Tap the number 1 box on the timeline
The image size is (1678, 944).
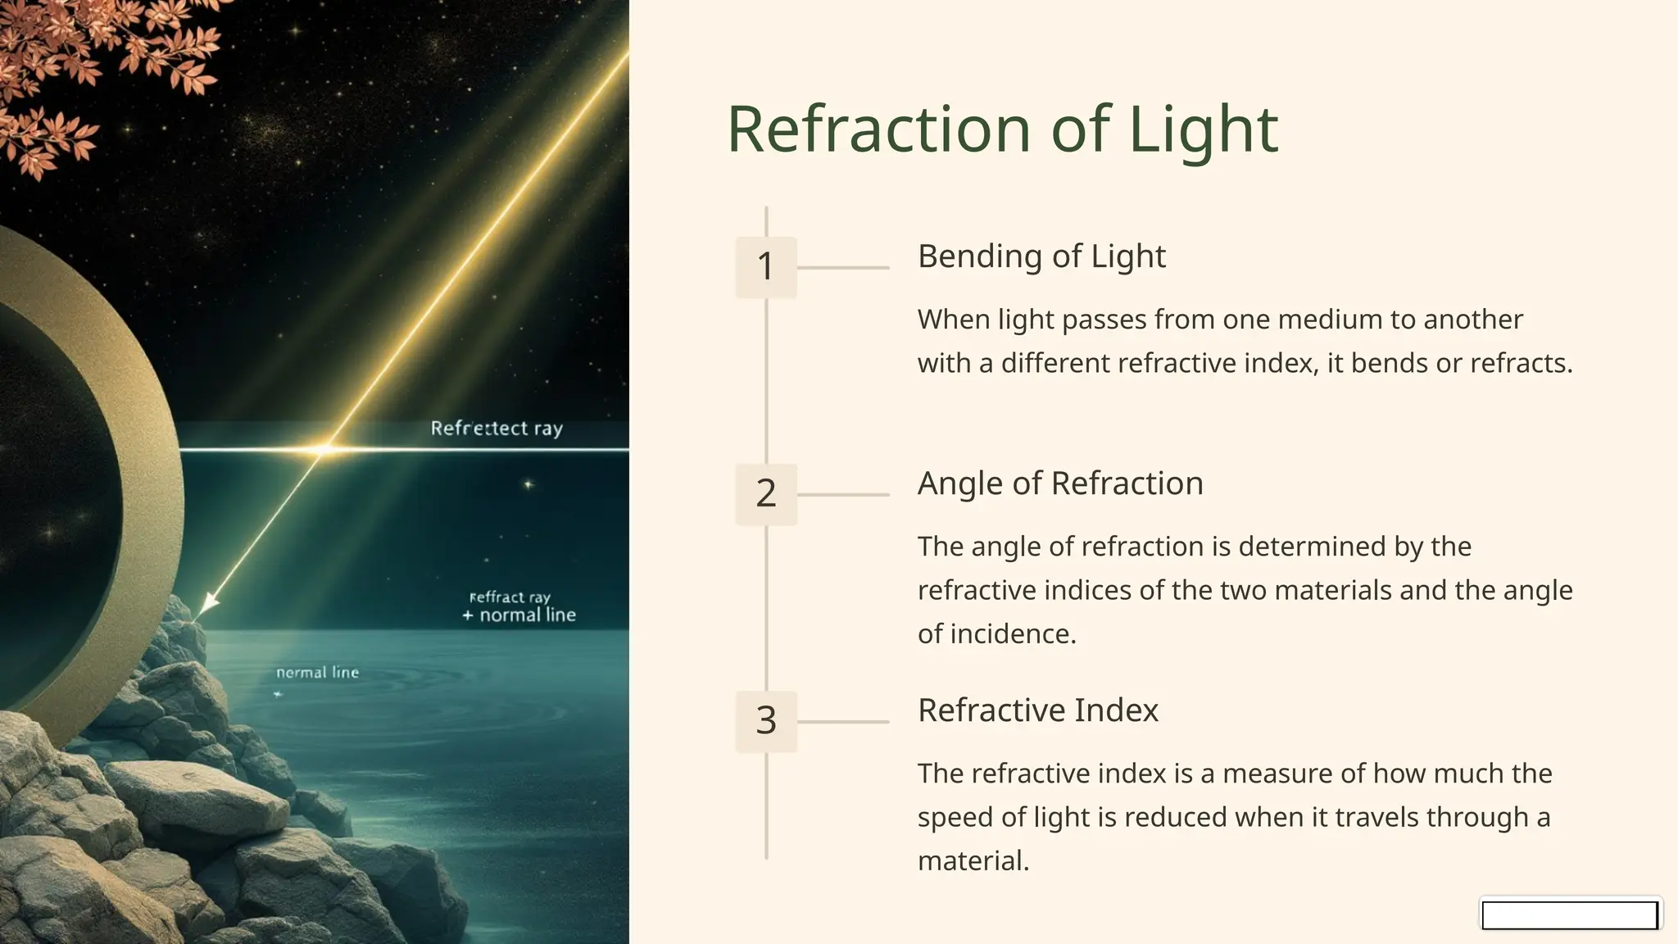[766, 267]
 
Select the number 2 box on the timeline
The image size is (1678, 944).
[766, 494]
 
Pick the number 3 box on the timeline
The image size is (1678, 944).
[766, 721]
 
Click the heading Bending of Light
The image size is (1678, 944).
[1041, 256]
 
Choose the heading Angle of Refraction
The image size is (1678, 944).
[1060, 483]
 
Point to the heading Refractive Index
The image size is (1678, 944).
[1038, 710]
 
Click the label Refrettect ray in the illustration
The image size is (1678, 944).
[497, 429]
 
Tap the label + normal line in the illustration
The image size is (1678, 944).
[519, 615]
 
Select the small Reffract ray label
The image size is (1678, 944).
[510, 597]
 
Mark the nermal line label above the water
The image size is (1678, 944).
[318, 673]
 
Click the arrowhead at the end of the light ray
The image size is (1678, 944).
[209, 603]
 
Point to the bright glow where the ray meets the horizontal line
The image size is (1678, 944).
[324, 449]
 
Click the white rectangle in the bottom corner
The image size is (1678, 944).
[1570, 914]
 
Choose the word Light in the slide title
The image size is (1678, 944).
[1203, 129]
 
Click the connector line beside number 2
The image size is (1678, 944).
[842, 495]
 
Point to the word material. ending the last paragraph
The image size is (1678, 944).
[973, 861]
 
